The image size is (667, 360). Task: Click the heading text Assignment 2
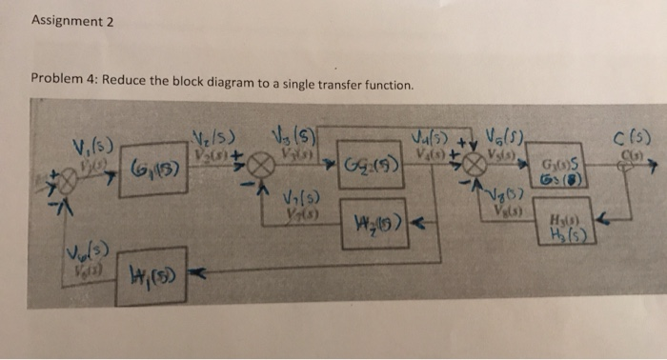72,22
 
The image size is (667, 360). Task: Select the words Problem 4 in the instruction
63,83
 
